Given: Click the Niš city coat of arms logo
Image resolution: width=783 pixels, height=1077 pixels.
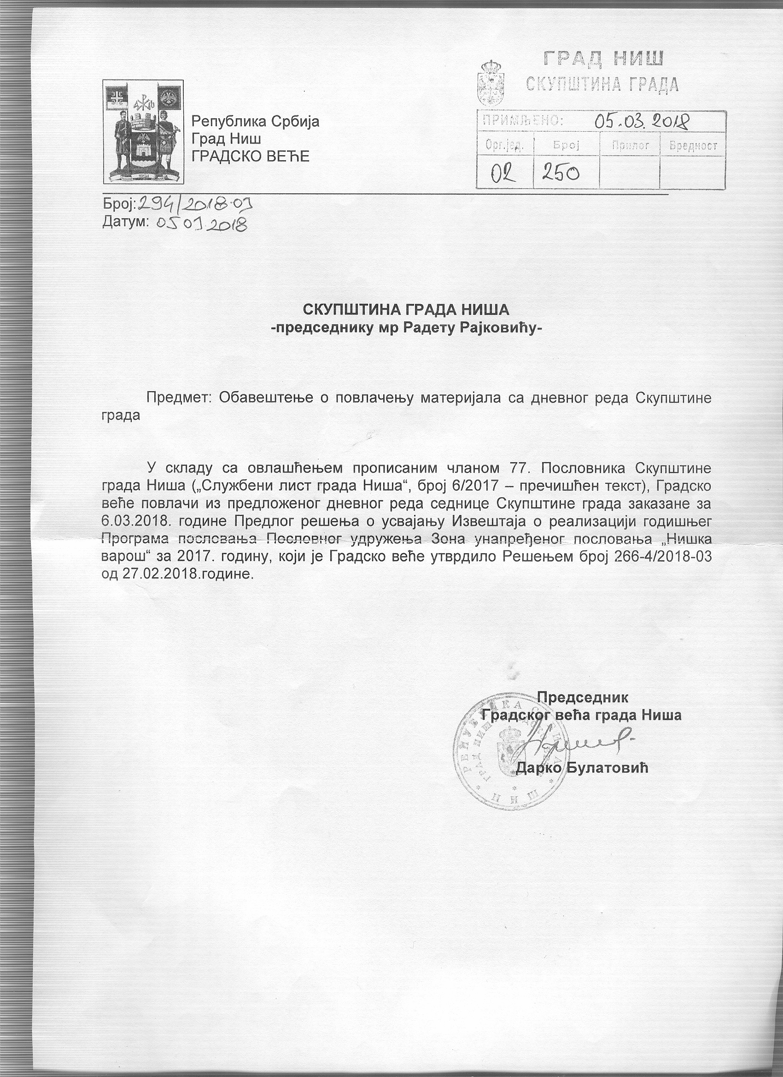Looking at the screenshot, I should coord(143,132).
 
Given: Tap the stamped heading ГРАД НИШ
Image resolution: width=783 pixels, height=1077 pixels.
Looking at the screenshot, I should coord(603,59).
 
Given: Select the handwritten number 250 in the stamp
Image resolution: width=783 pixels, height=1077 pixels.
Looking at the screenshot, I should coord(560,173).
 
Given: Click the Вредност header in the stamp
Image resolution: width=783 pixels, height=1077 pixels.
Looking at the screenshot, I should coord(692,146).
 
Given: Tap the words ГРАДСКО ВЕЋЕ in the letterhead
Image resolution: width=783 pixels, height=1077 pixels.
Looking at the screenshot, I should coord(250,156).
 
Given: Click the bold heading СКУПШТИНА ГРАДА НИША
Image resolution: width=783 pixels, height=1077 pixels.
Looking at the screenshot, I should coord(406,310).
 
